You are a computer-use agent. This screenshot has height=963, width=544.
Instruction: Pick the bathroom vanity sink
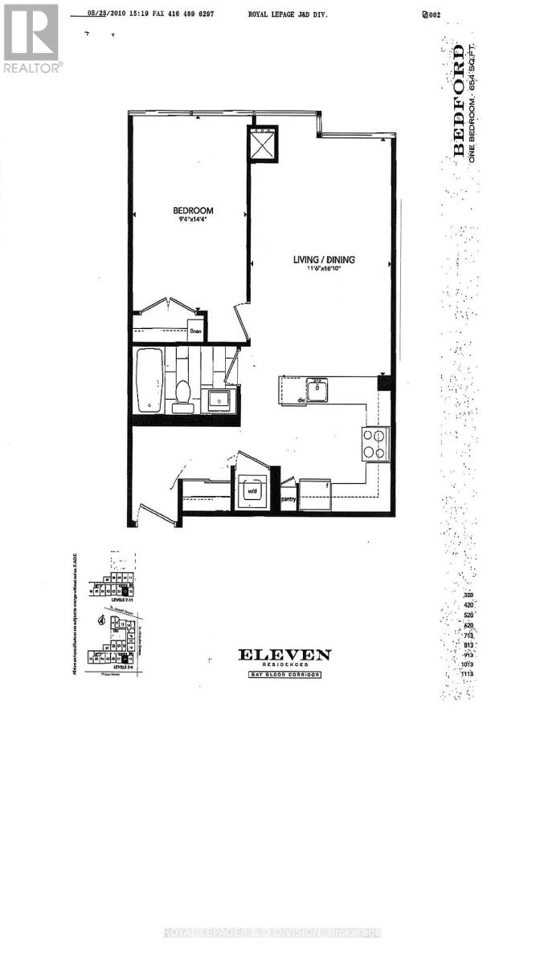(219, 397)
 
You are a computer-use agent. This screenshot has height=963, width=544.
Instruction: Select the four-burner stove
(374, 443)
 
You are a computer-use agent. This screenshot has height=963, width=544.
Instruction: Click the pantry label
(288, 498)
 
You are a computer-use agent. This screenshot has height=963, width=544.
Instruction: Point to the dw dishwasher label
(300, 399)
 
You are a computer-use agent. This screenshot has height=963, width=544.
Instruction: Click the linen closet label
(195, 330)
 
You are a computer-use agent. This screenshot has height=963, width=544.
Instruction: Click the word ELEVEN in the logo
(284, 655)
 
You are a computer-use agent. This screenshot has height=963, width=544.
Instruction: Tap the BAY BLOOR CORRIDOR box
(284, 675)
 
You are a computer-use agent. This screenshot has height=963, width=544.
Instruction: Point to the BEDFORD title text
(459, 100)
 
